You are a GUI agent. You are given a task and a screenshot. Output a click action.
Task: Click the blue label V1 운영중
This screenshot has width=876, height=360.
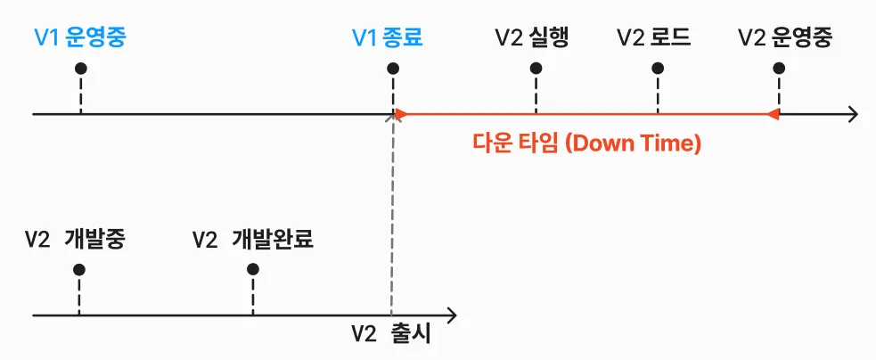[80, 38]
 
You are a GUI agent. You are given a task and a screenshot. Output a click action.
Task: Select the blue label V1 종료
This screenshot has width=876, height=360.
[387, 38]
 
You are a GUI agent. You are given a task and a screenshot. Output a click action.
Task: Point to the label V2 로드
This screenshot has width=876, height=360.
[654, 38]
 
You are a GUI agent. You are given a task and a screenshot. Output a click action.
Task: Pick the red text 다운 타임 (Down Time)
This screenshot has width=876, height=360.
[587, 143]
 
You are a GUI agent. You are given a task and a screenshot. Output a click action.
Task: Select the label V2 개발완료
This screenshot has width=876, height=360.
[253, 240]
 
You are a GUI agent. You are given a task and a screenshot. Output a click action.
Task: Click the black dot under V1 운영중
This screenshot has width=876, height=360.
[80, 69]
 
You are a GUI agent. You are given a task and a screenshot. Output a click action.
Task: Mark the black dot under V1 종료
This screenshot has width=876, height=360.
[393, 69]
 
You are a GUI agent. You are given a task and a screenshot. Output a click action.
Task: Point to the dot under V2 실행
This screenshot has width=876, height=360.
[535, 69]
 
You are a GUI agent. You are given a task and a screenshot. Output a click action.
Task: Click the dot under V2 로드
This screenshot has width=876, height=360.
[658, 69]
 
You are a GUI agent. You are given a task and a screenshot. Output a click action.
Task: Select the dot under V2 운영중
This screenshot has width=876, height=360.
[779, 69]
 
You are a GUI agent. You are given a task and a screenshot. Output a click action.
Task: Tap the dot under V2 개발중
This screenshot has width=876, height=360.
[79, 269]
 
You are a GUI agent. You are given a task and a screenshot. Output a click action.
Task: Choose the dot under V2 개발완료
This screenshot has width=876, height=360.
[253, 269]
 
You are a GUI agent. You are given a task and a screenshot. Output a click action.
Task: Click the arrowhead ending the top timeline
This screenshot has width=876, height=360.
[853, 114]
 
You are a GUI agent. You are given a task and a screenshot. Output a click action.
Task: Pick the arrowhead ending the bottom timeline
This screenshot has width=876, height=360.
[452, 315]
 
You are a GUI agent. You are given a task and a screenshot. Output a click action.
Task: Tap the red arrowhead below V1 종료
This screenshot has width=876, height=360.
[400, 114]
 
